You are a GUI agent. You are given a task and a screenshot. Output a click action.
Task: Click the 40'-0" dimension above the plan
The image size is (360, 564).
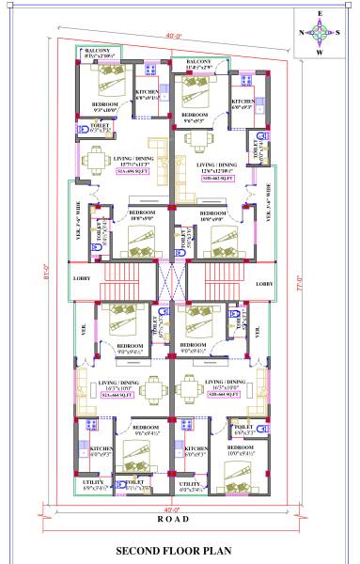pyautogui.click(x=172, y=36)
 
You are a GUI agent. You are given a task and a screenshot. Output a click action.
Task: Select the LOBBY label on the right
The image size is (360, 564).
pyautogui.click(x=264, y=283)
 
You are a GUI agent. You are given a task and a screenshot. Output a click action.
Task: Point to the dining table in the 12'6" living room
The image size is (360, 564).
pyautogui.click(x=200, y=140)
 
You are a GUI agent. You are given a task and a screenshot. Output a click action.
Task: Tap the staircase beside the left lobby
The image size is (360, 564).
pyautogui.click(x=121, y=280)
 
